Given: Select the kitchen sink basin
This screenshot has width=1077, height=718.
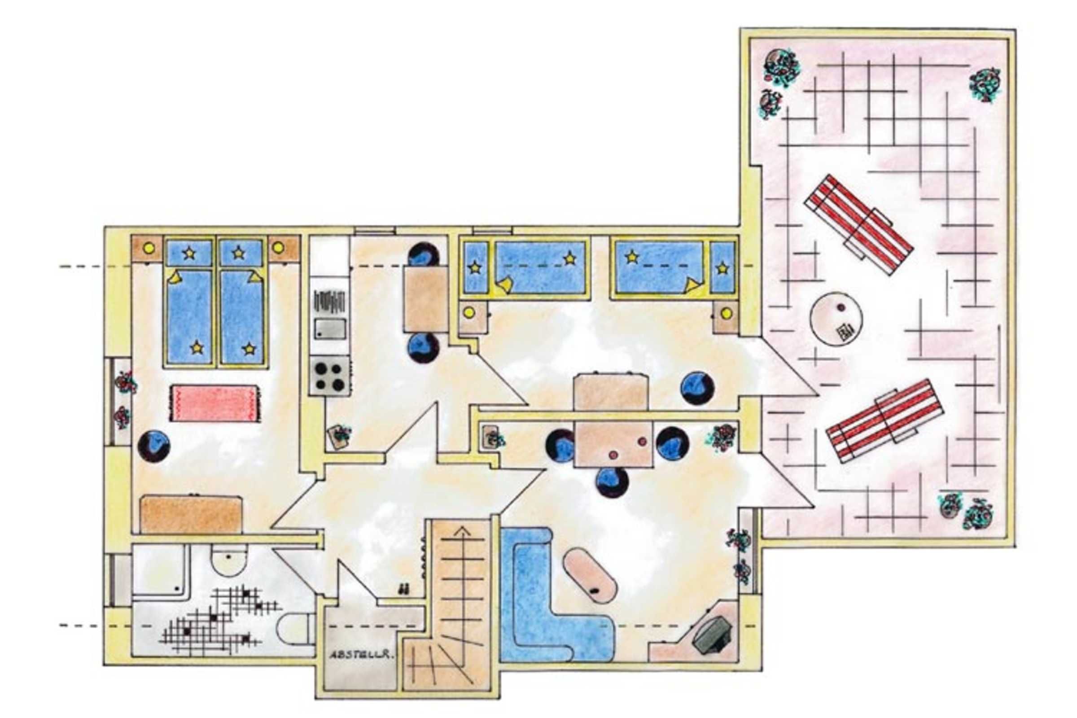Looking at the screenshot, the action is [330, 329].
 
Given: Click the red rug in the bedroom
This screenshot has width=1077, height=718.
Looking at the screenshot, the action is [215, 403].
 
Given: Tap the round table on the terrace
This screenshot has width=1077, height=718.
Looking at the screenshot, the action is [836, 319].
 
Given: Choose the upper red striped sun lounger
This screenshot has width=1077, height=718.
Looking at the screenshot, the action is [859, 224].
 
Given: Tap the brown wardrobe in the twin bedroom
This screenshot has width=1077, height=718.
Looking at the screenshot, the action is [191, 514].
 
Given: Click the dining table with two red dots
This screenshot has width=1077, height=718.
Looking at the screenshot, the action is [613, 444].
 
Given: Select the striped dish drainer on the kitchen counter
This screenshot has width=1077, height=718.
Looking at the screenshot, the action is [329, 301].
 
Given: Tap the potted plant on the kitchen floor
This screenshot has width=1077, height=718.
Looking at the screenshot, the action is [339, 436].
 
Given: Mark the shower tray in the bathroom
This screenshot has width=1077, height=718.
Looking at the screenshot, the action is [160, 570].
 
